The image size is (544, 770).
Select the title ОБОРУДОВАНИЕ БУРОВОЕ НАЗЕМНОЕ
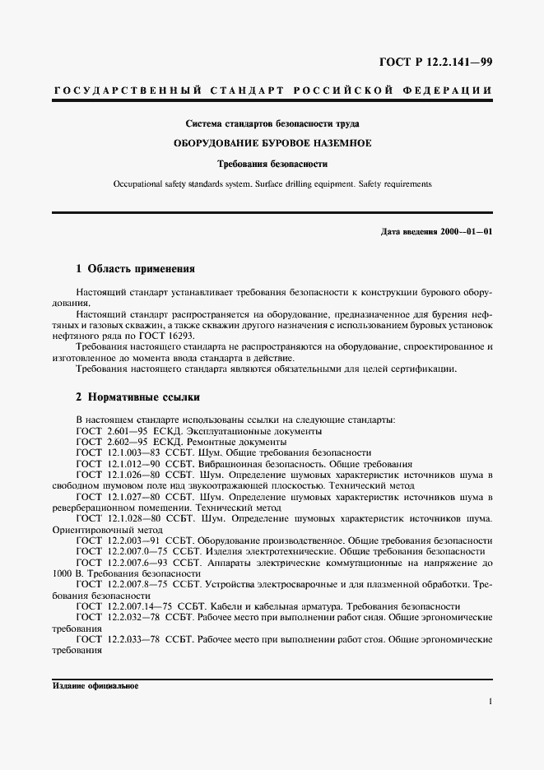point(272,143)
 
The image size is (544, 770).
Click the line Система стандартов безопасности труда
point(272,123)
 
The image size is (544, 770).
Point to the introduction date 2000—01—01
point(465,231)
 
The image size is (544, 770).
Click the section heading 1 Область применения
point(135,269)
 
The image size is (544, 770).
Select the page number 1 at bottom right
point(490,702)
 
